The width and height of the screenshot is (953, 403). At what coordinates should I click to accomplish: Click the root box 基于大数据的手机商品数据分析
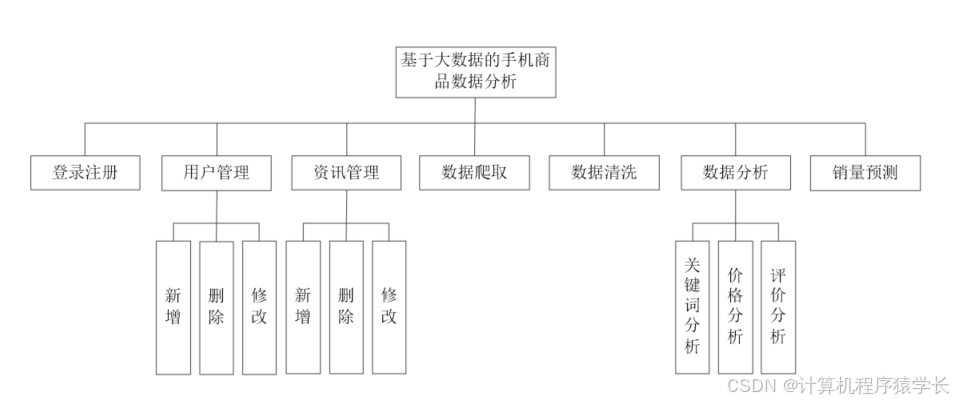point(476,71)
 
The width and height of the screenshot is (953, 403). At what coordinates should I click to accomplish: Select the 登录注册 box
point(85,172)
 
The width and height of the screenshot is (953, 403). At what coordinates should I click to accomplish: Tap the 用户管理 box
point(216,172)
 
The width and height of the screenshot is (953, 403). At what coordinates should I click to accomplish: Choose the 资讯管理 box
point(346,172)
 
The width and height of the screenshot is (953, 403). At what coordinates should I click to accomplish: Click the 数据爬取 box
point(475,172)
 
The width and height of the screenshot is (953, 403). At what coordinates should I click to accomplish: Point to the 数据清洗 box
point(603,172)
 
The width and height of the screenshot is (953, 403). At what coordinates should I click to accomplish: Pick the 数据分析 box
point(735,172)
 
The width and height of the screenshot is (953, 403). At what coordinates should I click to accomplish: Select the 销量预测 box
point(864,172)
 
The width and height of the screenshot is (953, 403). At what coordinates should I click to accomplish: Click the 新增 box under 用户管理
point(173,306)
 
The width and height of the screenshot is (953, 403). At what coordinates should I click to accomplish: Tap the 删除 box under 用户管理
point(216,306)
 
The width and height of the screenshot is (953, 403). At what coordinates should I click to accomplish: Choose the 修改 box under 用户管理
point(259,306)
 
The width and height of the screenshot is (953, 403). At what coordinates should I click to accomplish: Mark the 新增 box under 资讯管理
point(303,306)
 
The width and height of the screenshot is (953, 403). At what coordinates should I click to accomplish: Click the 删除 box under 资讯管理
point(346,306)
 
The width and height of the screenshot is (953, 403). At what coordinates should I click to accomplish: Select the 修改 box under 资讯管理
point(389,306)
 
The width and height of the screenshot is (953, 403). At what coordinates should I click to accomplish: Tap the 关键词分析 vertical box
point(692,306)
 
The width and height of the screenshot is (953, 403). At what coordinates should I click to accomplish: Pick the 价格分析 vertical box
point(735,306)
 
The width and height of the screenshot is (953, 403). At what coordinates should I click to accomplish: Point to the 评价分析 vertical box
point(778,306)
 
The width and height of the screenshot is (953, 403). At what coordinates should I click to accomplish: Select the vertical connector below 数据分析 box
point(735,205)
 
